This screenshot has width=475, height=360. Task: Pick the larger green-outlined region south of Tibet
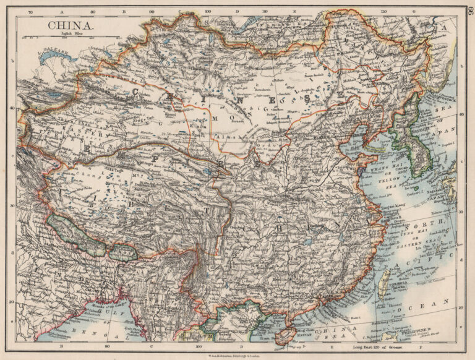(77, 234)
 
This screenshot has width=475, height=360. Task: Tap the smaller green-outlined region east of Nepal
(123, 252)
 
